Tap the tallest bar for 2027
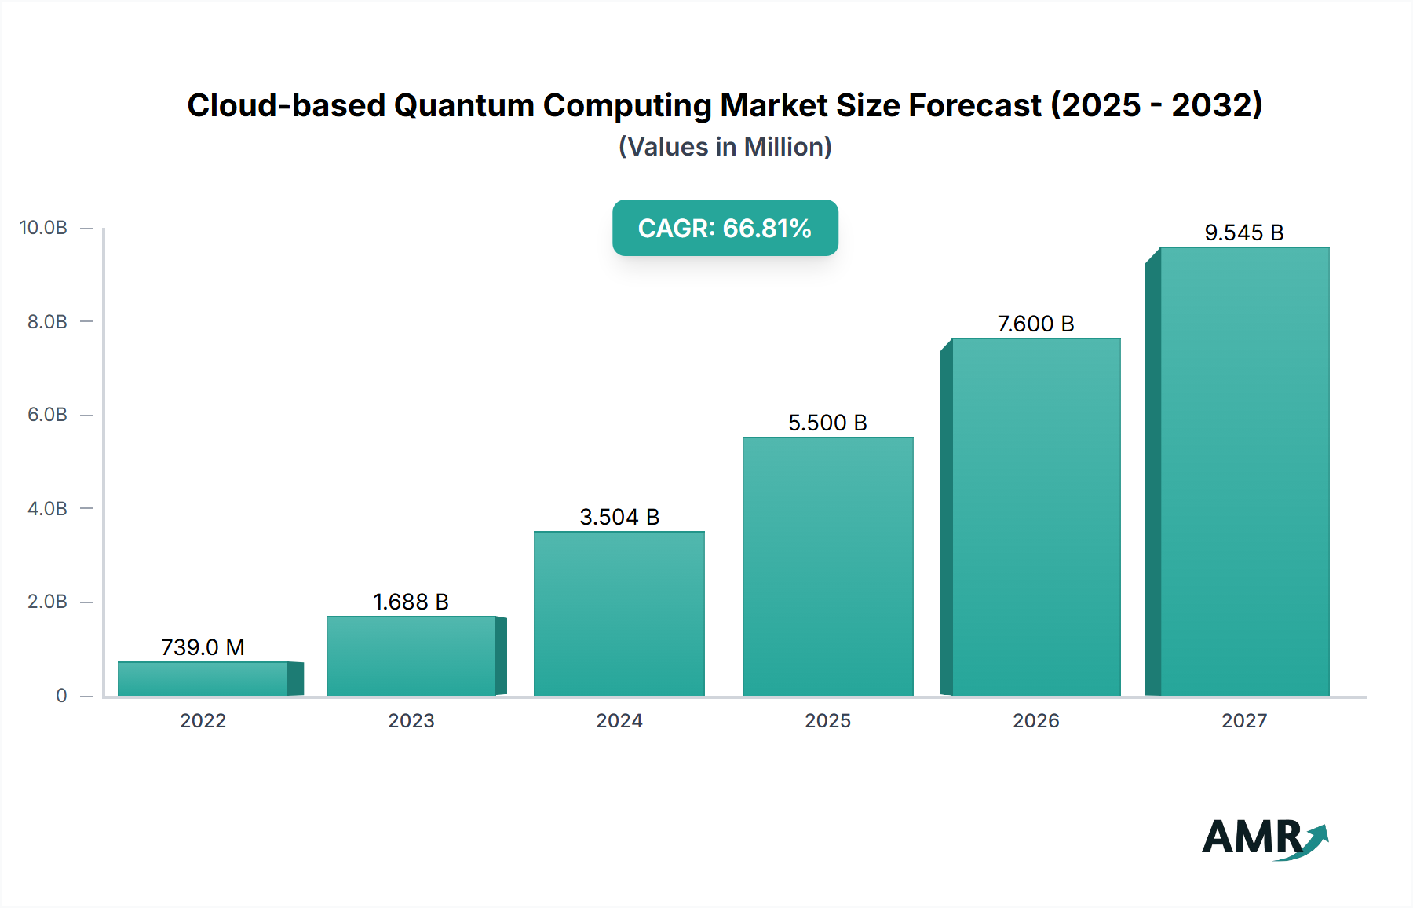(1244, 471)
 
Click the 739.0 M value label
(203, 647)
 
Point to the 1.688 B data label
(411, 602)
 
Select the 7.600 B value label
(1035, 324)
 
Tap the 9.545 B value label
(1244, 232)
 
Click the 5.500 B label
(827, 423)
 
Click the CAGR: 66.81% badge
(725, 228)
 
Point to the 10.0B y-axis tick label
(43, 228)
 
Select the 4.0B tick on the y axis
(47, 508)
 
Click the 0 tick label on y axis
(61, 695)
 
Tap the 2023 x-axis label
(411, 720)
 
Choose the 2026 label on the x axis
(1035, 720)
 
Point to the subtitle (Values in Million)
(725, 147)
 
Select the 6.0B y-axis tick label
(47, 415)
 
